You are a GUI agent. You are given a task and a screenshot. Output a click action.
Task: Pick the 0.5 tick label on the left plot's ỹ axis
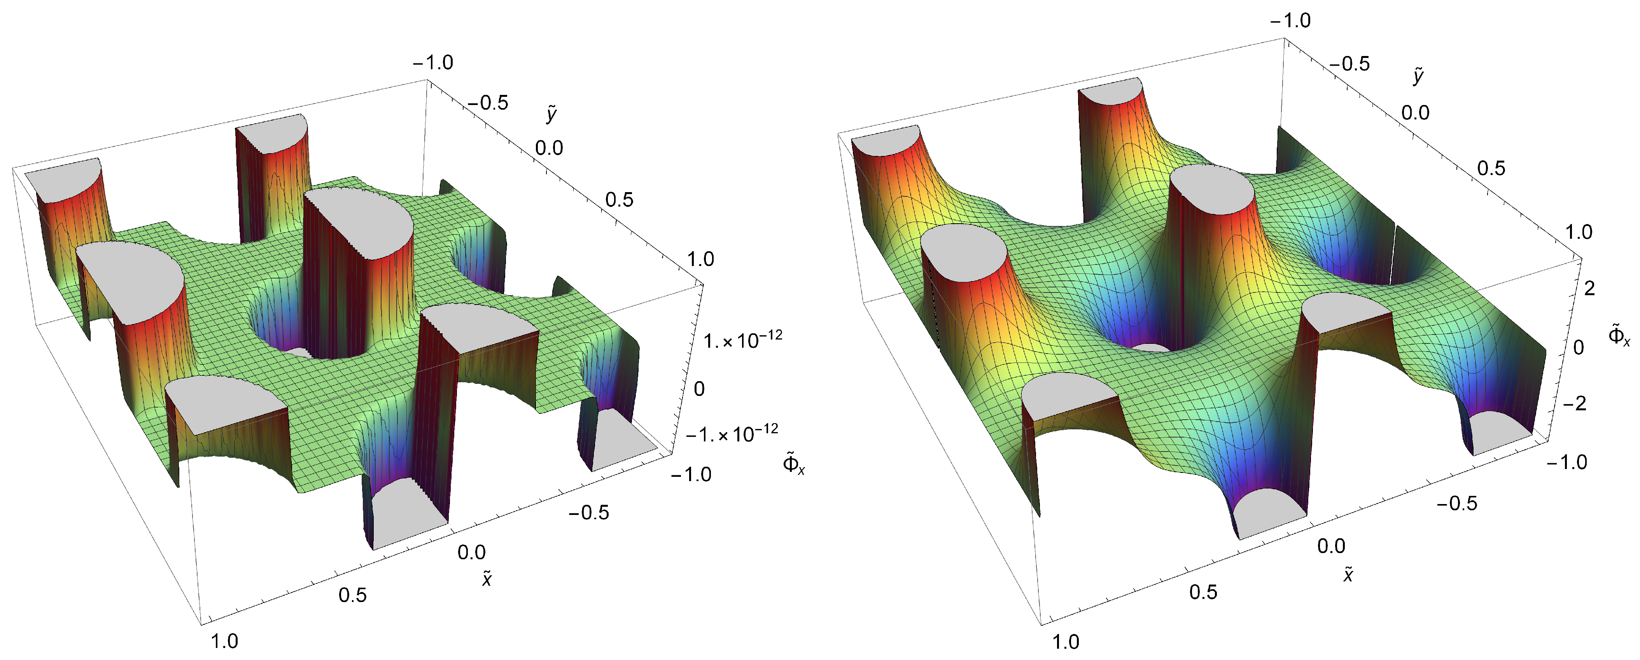point(620,200)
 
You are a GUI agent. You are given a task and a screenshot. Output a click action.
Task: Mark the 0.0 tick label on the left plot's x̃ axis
point(471,552)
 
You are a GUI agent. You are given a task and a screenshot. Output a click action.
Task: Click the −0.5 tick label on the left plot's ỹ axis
point(488,102)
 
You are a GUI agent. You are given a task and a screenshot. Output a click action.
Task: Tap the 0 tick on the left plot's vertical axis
point(699,388)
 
